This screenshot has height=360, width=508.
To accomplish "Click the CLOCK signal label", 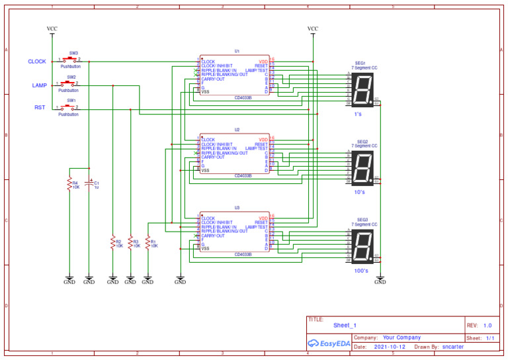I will [x=37, y=62].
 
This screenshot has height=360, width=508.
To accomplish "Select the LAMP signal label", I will [x=39, y=85].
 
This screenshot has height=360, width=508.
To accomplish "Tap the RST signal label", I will [x=40, y=107].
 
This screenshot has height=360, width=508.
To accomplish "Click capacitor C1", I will [x=89, y=185].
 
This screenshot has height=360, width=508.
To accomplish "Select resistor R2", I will [x=112, y=243].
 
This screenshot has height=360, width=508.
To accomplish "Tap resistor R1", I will [x=148, y=243].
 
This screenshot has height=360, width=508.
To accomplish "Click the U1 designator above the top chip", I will [x=237, y=50].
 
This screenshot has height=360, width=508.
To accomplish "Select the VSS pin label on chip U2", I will [x=206, y=170].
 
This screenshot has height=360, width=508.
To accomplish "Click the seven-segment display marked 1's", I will [x=362, y=89].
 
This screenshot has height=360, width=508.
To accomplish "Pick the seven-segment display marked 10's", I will [x=362, y=168].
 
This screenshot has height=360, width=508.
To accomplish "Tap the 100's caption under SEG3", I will [x=361, y=271].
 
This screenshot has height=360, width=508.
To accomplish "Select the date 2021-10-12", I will [x=390, y=347].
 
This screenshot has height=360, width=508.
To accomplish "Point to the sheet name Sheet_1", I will [x=345, y=326].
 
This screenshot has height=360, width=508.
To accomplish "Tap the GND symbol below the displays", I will [x=380, y=280].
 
